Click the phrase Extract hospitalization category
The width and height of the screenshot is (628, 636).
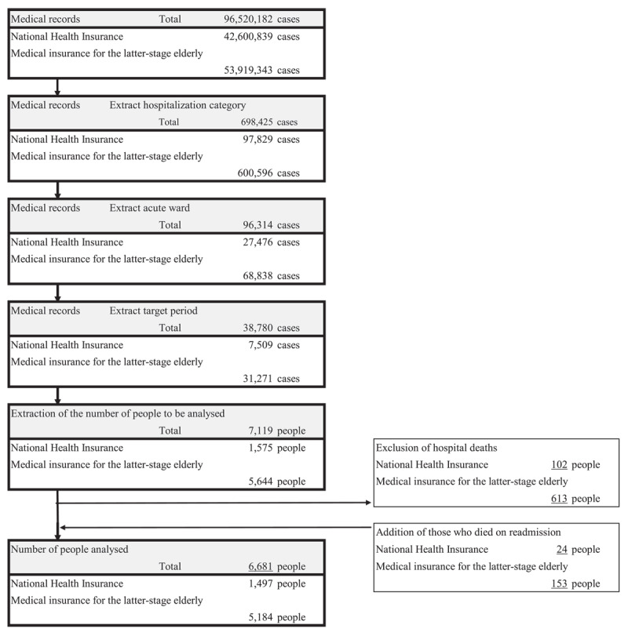[x=177, y=104]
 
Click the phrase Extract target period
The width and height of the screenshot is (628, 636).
[x=154, y=311]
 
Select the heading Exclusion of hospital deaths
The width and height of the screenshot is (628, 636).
[x=437, y=448]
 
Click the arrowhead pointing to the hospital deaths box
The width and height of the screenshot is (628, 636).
[x=369, y=502]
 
